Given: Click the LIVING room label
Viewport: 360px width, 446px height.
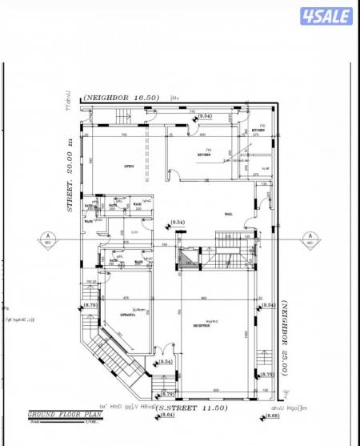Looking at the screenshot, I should (128, 166).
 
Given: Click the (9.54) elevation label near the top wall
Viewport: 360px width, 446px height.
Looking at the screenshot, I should (206, 116).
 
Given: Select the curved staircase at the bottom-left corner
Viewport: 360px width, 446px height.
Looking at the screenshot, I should (112, 352).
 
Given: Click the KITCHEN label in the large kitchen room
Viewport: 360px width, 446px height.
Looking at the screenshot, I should (204, 155).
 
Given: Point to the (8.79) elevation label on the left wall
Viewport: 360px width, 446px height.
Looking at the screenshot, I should (90, 304).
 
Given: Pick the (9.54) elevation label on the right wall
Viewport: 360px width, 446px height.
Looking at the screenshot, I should (269, 305).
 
